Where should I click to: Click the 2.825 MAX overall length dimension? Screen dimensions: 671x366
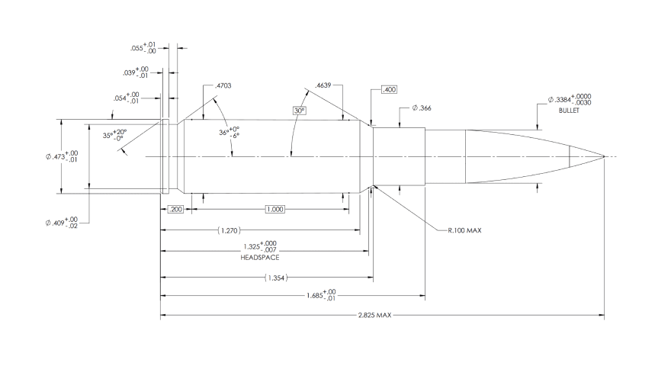coord(374,315)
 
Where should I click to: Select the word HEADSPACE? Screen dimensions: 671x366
coord(260,258)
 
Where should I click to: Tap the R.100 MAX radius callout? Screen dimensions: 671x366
coord(464,230)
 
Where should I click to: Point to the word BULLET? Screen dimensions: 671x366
coord(569,111)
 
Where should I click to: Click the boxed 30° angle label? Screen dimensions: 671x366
coord(300,111)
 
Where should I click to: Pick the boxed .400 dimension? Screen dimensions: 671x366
coord(389,89)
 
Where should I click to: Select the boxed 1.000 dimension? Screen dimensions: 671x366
coord(274,210)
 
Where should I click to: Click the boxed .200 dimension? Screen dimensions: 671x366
coord(175,210)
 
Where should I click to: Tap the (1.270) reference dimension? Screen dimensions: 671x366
coord(229,230)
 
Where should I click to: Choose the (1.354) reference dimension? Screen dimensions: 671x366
coord(276,278)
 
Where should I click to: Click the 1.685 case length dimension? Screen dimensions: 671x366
coord(321,294)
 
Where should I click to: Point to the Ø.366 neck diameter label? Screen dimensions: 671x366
coord(422,108)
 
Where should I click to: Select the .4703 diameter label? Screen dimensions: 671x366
coord(223,85)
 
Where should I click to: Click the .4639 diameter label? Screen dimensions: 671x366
coord(323,85)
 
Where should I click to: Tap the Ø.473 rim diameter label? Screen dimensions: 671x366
coord(62,156)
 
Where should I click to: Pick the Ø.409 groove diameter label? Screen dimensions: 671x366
coord(62,223)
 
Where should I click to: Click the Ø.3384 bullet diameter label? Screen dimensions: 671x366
coord(570,100)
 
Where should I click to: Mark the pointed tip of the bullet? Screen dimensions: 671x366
coord(604,156)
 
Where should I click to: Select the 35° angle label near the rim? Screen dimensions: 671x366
coord(114,135)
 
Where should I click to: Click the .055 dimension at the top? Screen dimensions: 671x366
coord(143,48)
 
